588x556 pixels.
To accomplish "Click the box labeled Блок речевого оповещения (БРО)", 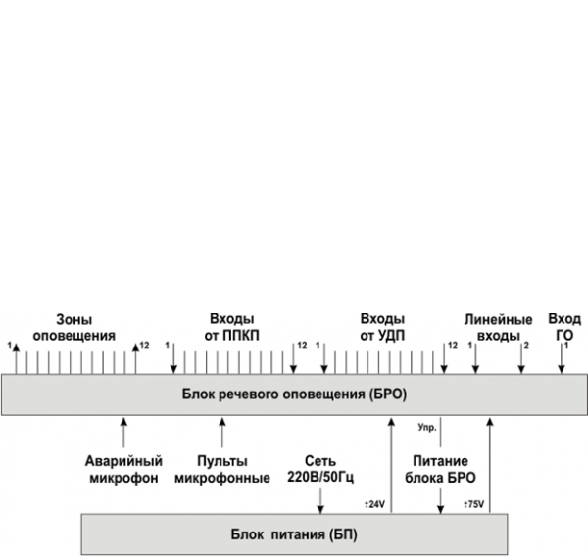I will coord(293,394).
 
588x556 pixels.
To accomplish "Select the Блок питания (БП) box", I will coord(294,535).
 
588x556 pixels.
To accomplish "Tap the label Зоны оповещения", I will coord(73,328).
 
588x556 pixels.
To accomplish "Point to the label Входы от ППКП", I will coord(230,328).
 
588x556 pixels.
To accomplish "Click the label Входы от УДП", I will coord(382,328).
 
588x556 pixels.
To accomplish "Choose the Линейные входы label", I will coord(498,328).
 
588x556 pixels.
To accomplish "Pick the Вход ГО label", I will coord(564,328).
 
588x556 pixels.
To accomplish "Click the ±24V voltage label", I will coord(375,504).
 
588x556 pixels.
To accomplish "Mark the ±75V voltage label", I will coord(473,504).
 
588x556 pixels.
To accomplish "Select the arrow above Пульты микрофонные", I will coord(221,431).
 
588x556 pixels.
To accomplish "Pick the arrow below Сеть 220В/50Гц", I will coord(320,499).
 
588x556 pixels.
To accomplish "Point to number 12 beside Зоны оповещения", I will coord(144,346).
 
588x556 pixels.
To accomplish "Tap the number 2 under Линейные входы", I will coord(526,346).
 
